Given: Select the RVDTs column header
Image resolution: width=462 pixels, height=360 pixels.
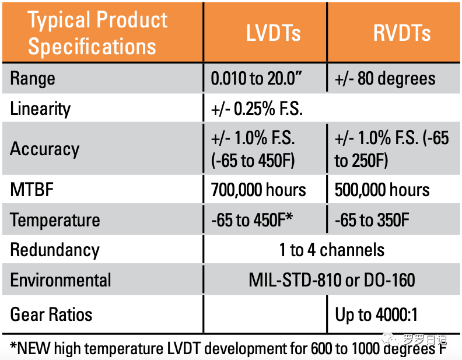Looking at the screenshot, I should (393, 33).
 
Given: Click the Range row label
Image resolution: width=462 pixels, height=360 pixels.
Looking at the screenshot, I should (33, 78).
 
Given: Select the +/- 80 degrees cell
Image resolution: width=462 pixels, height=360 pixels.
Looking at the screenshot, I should (385, 78).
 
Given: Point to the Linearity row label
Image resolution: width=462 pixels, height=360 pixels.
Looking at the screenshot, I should (40, 109).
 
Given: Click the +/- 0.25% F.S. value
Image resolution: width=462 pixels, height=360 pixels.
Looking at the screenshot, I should (257, 109).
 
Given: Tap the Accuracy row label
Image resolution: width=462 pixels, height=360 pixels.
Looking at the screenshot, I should (44, 148).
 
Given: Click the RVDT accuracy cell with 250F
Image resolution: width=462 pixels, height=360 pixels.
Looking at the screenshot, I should (392, 148).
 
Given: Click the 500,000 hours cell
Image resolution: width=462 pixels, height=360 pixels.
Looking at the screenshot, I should (382, 190).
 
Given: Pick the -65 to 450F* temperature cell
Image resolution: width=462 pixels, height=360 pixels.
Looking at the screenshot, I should (251, 220).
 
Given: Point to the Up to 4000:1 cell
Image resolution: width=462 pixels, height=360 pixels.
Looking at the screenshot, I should (376, 314).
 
